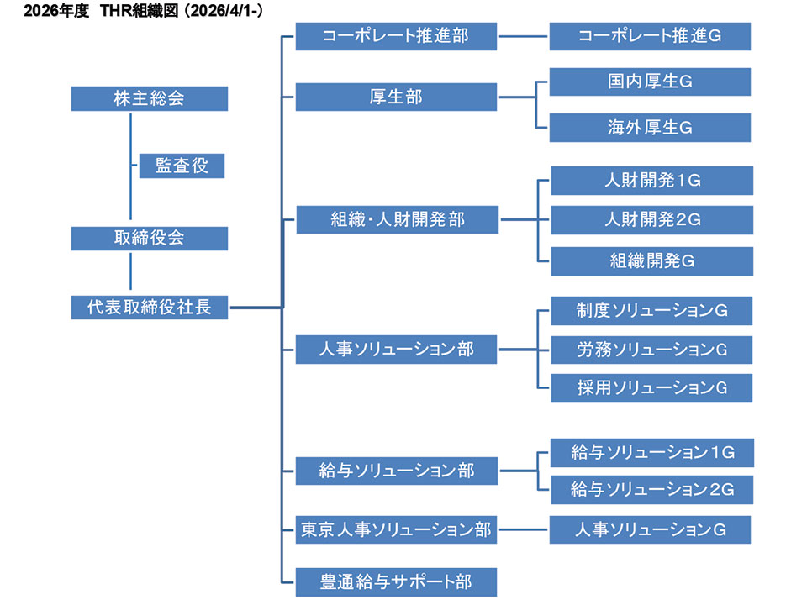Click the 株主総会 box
pos(150,97)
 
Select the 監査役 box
pos(182,166)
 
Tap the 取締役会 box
pos(150,238)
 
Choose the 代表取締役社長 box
pos(150,308)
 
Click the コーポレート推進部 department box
pos(397,36)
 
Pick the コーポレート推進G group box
pos(650,36)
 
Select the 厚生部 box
pos(397,97)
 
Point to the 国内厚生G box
pos(650,82)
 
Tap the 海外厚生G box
pos(650,128)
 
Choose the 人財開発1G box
pos(651,180)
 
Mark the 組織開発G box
pos(651,260)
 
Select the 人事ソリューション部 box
pos(397,349)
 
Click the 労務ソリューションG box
pos(651,349)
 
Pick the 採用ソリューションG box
pos(651,387)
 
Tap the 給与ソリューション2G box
pos(651,489)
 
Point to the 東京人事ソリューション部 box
pos(397,529)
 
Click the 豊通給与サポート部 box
pos(397,581)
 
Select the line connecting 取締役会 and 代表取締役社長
pos(131,272)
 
